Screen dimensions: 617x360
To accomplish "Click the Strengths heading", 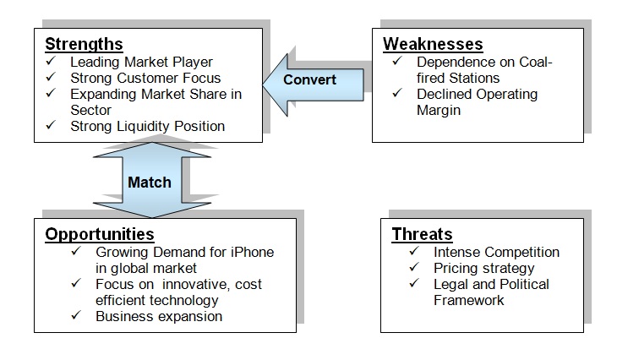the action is point(84,44).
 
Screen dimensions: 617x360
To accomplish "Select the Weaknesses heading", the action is point(433,44).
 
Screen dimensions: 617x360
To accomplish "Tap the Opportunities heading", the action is point(100,234).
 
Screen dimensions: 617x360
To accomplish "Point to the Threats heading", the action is point(423,234).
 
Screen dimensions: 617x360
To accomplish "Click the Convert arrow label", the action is point(309,79).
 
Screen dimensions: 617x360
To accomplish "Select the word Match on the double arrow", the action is point(150,183).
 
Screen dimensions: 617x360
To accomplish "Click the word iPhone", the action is point(252,252).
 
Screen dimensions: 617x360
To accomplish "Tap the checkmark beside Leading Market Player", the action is point(51,61).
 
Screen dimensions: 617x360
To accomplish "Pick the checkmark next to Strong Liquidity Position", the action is point(51,125).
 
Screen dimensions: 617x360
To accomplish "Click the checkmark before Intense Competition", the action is point(414,251).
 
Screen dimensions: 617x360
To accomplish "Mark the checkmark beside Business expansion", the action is point(76,315).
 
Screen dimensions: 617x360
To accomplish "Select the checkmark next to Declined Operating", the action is point(397,93).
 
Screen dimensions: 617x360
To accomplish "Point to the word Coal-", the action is point(536,62).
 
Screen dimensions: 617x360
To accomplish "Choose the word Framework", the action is point(468,300).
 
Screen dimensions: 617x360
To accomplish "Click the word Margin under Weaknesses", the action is point(439,110).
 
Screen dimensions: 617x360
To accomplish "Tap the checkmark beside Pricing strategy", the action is point(414,267).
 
